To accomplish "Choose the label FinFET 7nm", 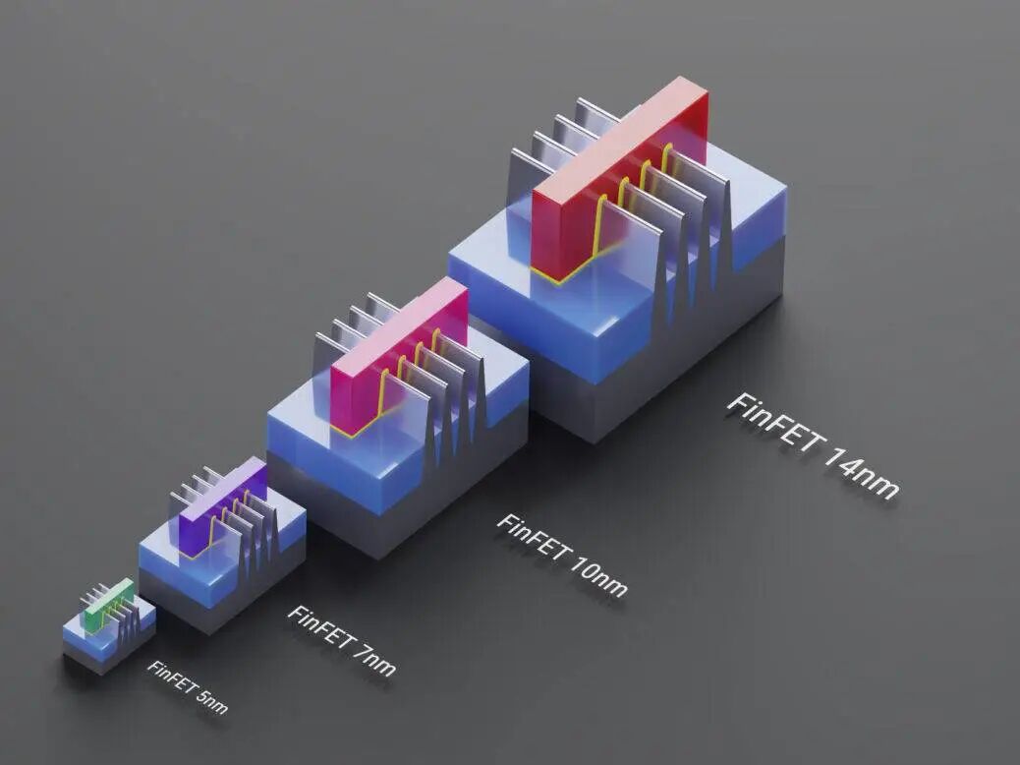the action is (341, 639).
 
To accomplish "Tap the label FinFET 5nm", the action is (188, 686).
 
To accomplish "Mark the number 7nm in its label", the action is (374, 657).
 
